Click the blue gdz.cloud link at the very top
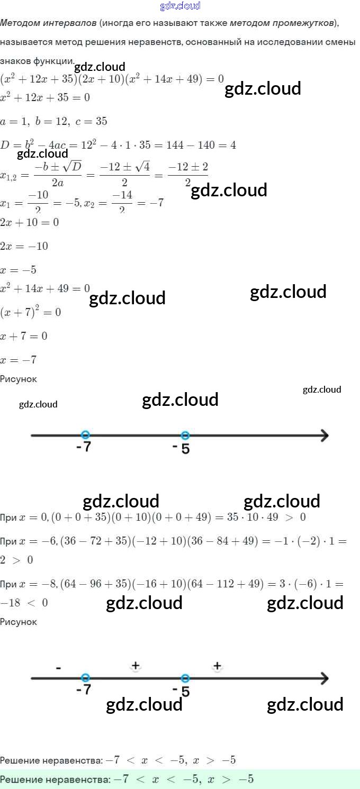click(180, 6)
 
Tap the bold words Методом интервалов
click(48, 23)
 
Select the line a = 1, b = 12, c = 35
click(53, 121)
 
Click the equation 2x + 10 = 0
click(30, 222)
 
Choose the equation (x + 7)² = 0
click(31, 312)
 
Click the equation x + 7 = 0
click(24, 336)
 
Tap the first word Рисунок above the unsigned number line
click(19, 379)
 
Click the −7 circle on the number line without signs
click(86, 435)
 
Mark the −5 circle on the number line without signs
click(185, 436)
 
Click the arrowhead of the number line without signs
click(324, 436)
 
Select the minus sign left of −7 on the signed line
click(58, 668)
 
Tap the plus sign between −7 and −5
click(136, 665)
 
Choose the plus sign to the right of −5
click(217, 665)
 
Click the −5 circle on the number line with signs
click(185, 678)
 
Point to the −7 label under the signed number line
click(84, 690)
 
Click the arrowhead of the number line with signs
click(324, 678)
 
